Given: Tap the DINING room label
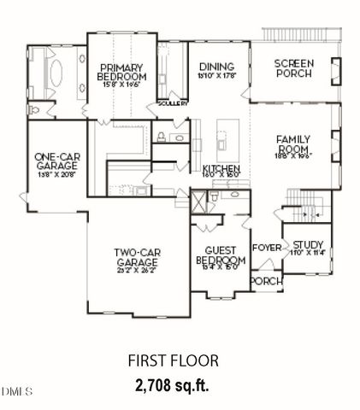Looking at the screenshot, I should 216,71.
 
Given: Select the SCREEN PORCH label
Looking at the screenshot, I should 292,68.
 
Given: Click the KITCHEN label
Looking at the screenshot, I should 222,168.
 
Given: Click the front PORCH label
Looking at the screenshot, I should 263,281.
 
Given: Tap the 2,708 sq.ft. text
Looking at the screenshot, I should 172,386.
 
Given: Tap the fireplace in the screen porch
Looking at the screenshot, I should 334,68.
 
